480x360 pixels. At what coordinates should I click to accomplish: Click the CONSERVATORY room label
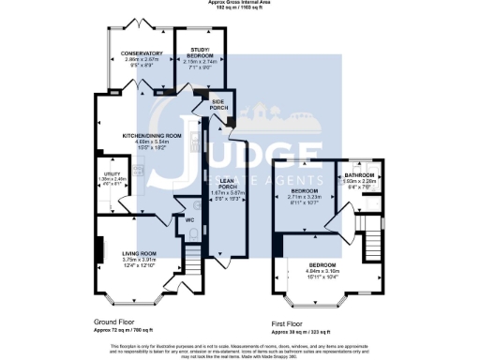click(142, 54)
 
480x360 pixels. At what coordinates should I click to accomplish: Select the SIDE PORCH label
click(218, 105)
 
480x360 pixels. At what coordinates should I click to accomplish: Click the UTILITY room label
click(110, 175)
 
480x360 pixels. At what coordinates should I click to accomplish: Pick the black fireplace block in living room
click(97, 251)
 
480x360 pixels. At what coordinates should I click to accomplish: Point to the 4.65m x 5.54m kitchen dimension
click(150, 142)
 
